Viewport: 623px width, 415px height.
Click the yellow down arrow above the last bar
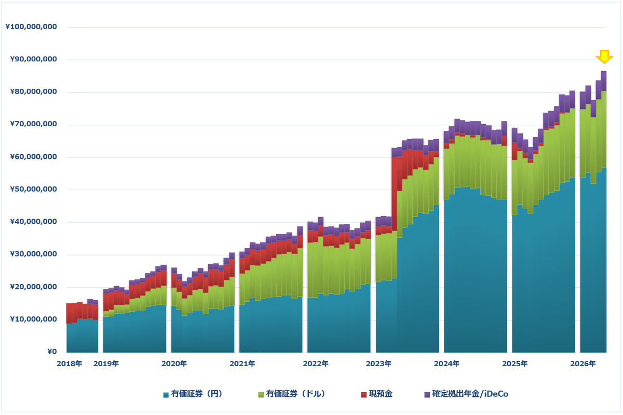604,57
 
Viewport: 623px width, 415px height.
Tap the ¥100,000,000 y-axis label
31,26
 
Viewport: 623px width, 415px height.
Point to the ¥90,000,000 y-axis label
33,59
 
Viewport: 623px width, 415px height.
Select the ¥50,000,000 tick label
33,189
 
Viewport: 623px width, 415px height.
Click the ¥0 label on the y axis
52,352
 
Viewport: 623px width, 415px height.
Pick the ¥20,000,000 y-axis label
33,287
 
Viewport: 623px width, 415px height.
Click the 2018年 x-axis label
69,364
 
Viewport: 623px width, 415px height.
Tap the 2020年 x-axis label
174,364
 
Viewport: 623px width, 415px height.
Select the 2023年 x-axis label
378,364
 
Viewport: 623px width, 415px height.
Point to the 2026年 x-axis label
583,364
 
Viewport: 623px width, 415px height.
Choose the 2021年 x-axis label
242,364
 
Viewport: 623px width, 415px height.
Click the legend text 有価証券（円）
197,394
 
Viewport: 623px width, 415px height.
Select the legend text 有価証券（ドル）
295,394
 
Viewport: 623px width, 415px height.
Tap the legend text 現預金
381,394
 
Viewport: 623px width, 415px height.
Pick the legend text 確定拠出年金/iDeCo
470,394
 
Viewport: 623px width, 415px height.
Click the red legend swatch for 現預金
363,395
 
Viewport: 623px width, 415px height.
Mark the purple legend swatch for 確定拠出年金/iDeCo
427,395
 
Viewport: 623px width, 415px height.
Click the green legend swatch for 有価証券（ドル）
261,395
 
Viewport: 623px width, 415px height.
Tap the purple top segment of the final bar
604,81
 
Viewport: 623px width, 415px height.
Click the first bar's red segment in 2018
69,314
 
